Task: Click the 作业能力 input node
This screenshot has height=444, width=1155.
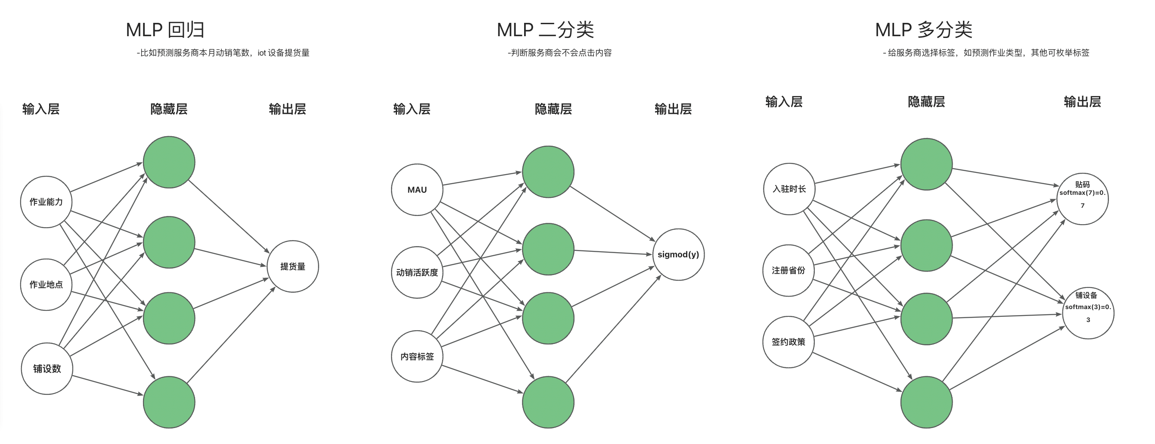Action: coord(46,202)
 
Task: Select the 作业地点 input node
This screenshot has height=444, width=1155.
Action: coord(46,285)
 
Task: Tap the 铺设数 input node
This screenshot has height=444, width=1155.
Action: coord(47,369)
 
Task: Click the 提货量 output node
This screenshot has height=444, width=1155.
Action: coord(293,267)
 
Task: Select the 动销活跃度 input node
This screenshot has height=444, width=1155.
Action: coord(417,272)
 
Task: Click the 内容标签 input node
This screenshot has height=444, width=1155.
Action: coord(417,357)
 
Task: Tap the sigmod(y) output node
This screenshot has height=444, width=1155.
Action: coord(678,255)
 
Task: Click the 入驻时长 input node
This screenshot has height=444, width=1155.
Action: coord(789,189)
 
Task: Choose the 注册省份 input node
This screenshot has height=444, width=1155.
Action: coord(788,270)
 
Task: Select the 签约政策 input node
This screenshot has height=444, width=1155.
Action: coord(788,342)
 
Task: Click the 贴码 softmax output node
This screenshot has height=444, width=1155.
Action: coord(1082,199)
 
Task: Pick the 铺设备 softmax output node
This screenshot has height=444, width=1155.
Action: coord(1088,313)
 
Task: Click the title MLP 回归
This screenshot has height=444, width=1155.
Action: coord(165,30)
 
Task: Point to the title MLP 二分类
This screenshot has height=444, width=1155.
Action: coord(545,30)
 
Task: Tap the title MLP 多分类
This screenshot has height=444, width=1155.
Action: coord(924,30)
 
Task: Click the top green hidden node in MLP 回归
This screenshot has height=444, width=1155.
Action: coord(169,162)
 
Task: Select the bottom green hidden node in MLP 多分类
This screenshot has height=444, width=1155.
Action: coord(926,402)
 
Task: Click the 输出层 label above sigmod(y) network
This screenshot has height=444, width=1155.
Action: coord(673,109)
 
